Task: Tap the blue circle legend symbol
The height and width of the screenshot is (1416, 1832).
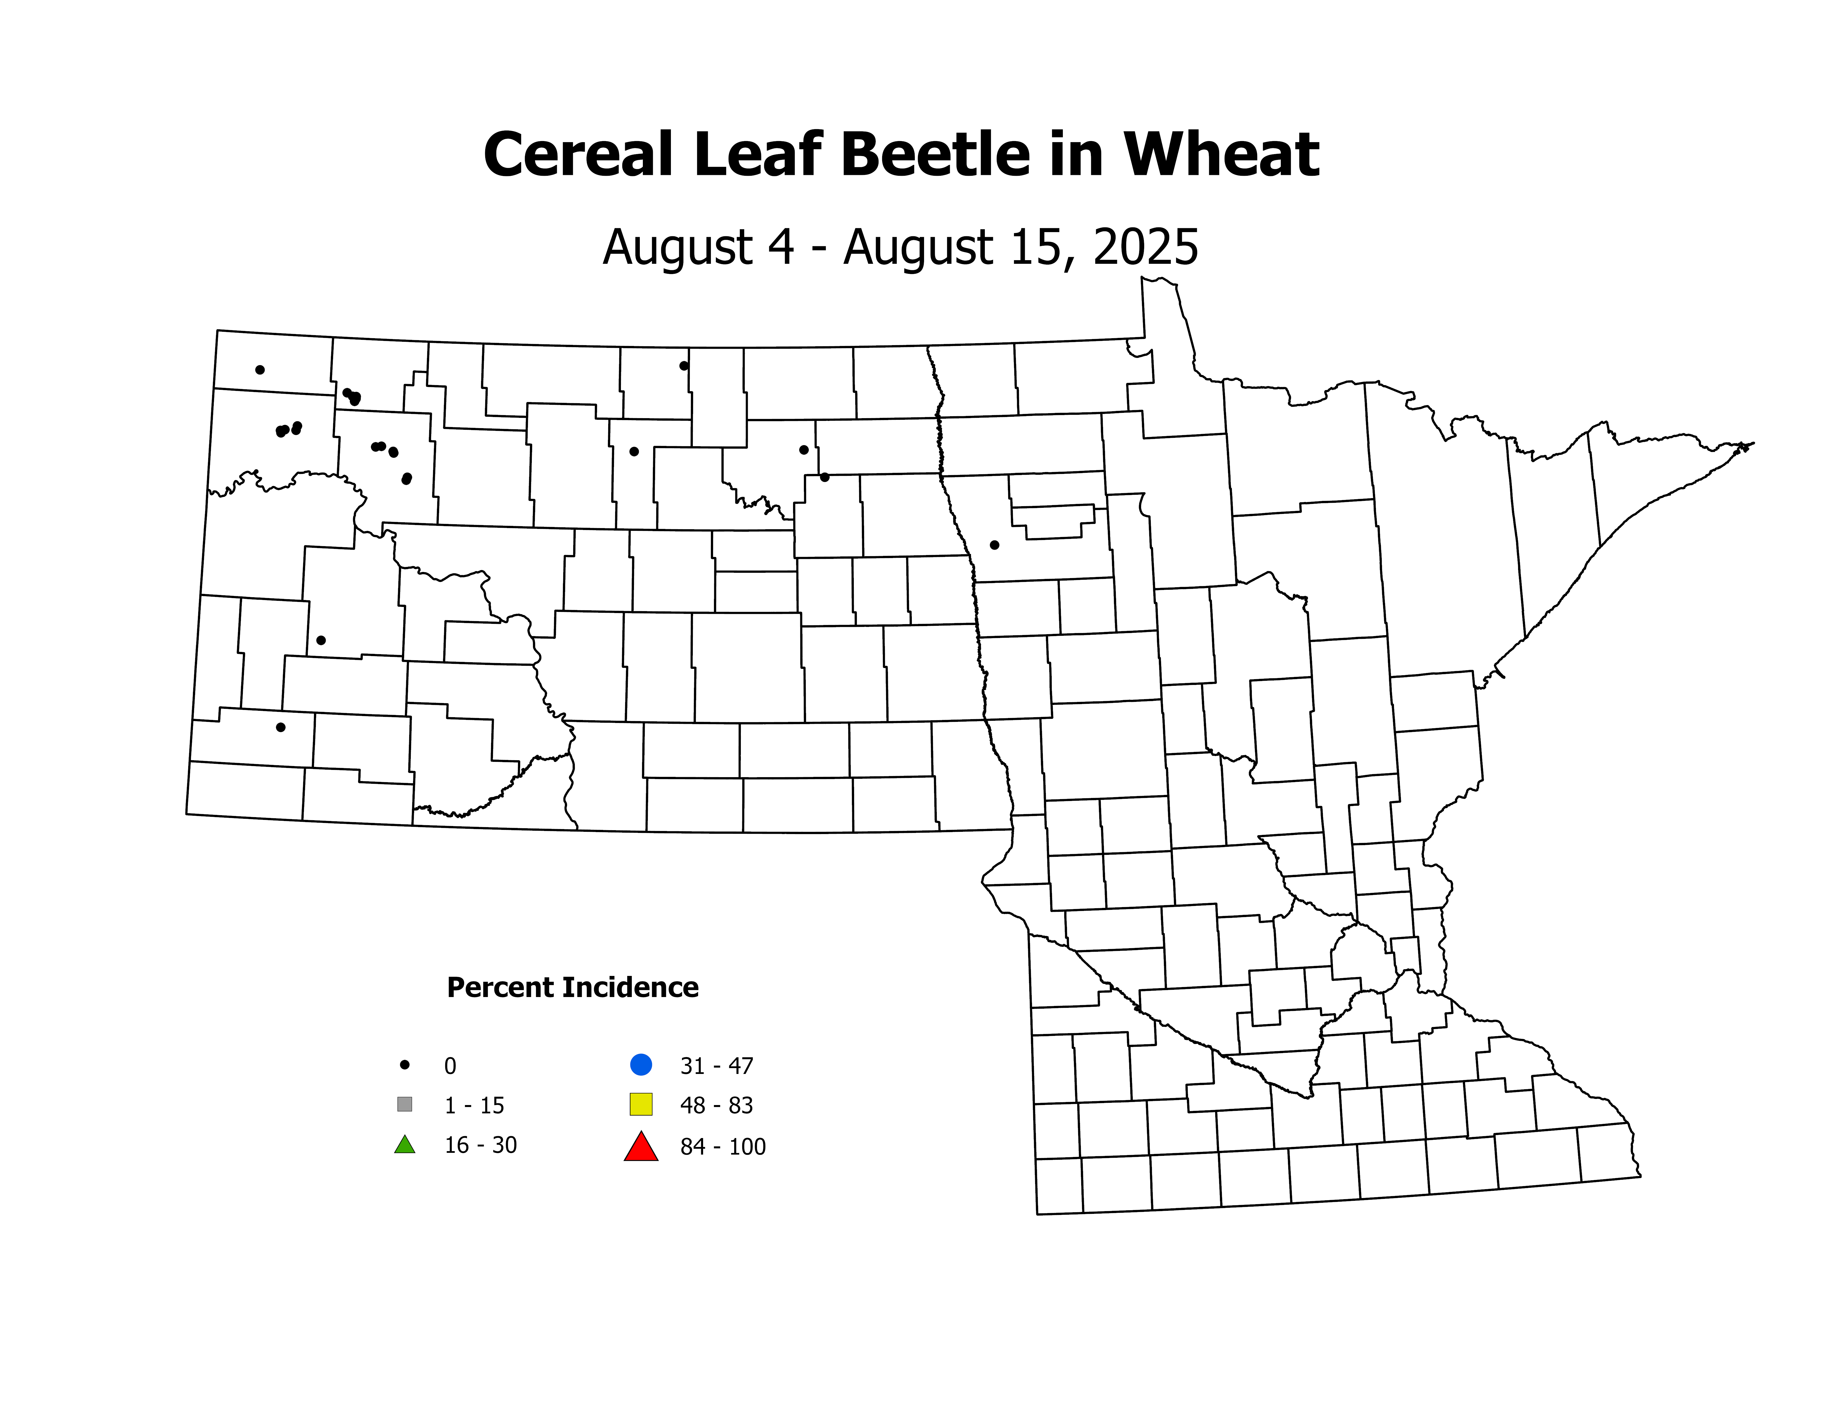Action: pos(641,1064)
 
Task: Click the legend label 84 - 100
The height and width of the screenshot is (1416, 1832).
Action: pos(723,1147)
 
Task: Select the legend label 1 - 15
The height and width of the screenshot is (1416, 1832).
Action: pos(474,1106)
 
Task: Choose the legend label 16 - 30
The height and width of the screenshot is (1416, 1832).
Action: pos(481,1145)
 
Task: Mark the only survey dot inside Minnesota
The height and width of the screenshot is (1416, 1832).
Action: pos(995,545)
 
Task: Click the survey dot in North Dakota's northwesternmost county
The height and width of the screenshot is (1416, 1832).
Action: pos(260,370)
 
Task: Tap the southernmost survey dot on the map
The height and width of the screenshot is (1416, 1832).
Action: pos(281,727)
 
